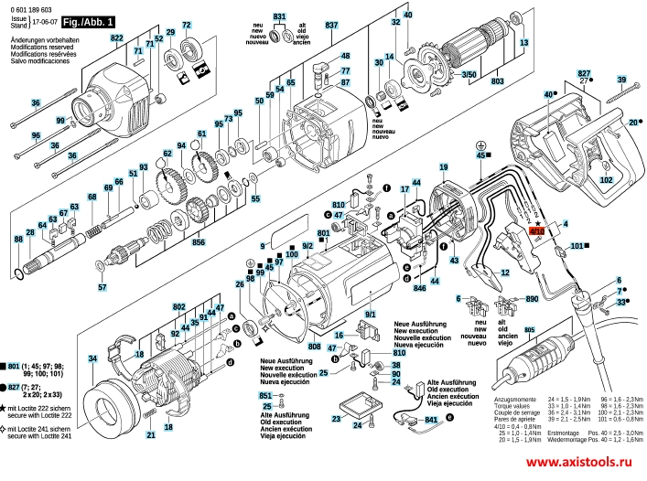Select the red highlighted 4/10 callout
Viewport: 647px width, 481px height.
click(x=537, y=232)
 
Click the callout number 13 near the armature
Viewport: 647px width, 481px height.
click(x=523, y=43)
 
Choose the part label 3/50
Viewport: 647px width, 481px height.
click(x=469, y=74)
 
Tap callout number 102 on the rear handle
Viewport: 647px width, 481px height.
click(x=606, y=180)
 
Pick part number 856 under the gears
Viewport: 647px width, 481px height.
click(x=199, y=244)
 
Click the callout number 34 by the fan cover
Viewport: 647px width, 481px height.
click(x=92, y=358)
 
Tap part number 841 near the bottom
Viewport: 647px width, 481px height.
click(x=432, y=419)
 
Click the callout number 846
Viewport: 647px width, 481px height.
click(x=420, y=288)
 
